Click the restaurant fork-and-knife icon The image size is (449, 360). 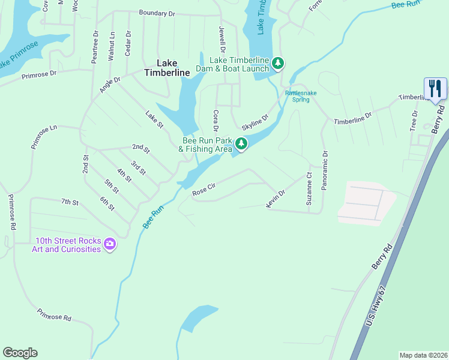[x=435, y=89]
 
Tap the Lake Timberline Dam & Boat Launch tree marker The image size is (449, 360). [x=277, y=63]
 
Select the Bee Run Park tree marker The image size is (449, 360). [x=241, y=143]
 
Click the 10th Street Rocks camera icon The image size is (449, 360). [x=109, y=244]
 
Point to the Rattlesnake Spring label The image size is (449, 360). [x=297, y=96]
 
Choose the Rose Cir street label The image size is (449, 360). [x=203, y=191]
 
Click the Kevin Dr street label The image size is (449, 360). [x=276, y=198]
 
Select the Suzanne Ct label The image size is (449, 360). [x=309, y=190]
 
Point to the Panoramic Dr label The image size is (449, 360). [x=325, y=170]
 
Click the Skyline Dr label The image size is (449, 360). [x=255, y=122]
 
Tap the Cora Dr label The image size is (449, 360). [x=215, y=121]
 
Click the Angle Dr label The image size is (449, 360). [x=110, y=85]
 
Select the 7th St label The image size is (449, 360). [x=70, y=202]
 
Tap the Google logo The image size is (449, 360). [x=20, y=353]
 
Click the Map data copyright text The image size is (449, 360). [x=423, y=355]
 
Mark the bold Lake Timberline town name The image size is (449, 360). [x=167, y=67]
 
